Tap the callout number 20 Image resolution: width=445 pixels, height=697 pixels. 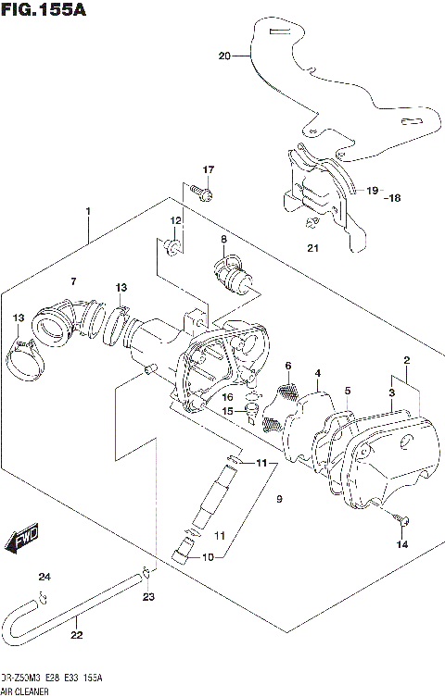tap(223, 56)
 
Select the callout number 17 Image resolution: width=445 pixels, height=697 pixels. tap(209, 169)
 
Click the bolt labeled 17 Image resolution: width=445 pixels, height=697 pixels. tap(204, 193)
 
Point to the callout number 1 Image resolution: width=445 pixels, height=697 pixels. tap(88, 212)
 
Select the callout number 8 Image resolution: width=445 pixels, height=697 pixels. tap(223, 240)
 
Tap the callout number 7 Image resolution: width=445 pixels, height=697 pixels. tap(74, 280)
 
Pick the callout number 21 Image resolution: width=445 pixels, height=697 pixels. tap(312, 248)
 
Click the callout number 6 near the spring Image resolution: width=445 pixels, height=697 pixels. tap(288, 366)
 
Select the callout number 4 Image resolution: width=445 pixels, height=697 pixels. tap(317, 373)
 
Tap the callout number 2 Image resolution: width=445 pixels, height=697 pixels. tap(406, 359)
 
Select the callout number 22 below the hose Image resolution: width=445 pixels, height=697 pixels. tap(77, 635)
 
